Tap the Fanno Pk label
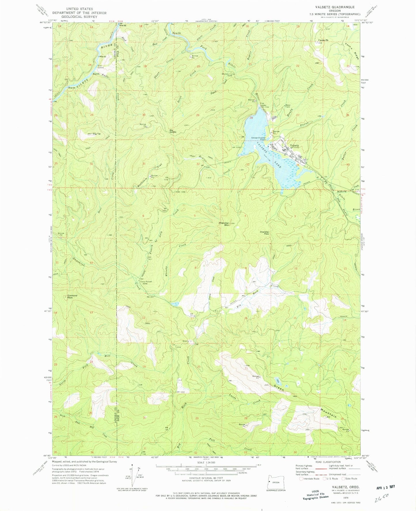pyautogui.click(x=323, y=40)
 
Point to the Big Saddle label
pyautogui.click(x=173, y=131)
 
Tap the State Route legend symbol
pyautogui.click(x=343, y=479)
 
